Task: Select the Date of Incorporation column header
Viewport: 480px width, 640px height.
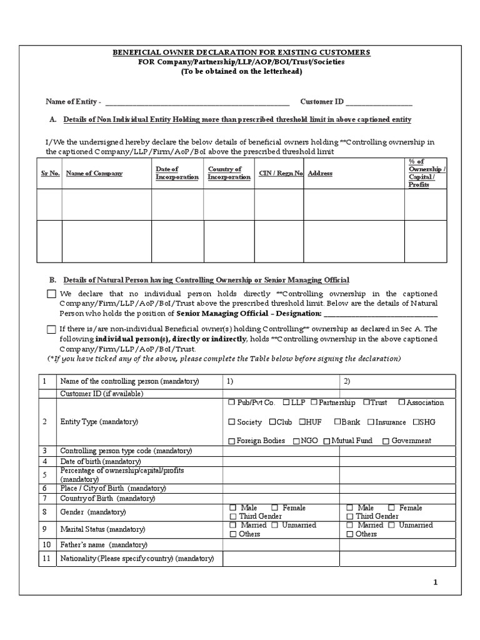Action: [x=176, y=173]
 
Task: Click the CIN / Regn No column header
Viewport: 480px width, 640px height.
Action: [x=281, y=173]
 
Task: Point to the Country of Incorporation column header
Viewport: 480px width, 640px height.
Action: [x=229, y=173]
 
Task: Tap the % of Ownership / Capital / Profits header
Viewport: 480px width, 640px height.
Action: [x=426, y=173]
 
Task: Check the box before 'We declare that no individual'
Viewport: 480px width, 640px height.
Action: [x=51, y=294]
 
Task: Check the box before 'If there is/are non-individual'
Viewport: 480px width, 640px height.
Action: [x=51, y=329]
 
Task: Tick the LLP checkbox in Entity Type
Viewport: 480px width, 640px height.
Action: [x=286, y=402]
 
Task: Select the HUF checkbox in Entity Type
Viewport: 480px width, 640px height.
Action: [x=302, y=422]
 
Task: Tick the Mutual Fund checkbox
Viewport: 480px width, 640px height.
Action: [x=326, y=441]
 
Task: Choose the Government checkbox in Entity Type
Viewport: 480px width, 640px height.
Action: [x=386, y=441]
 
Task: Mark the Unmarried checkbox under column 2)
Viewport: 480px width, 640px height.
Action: [x=391, y=526]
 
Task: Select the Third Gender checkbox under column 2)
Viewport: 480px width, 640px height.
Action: [x=349, y=517]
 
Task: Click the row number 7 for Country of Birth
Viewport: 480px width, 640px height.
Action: [x=45, y=498]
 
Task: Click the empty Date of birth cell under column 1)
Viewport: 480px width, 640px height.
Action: [x=281, y=461]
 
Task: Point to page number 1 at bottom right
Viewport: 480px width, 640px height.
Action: [x=436, y=583]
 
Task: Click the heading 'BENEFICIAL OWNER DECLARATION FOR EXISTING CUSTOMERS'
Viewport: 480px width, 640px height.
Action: [x=241, y=52]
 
